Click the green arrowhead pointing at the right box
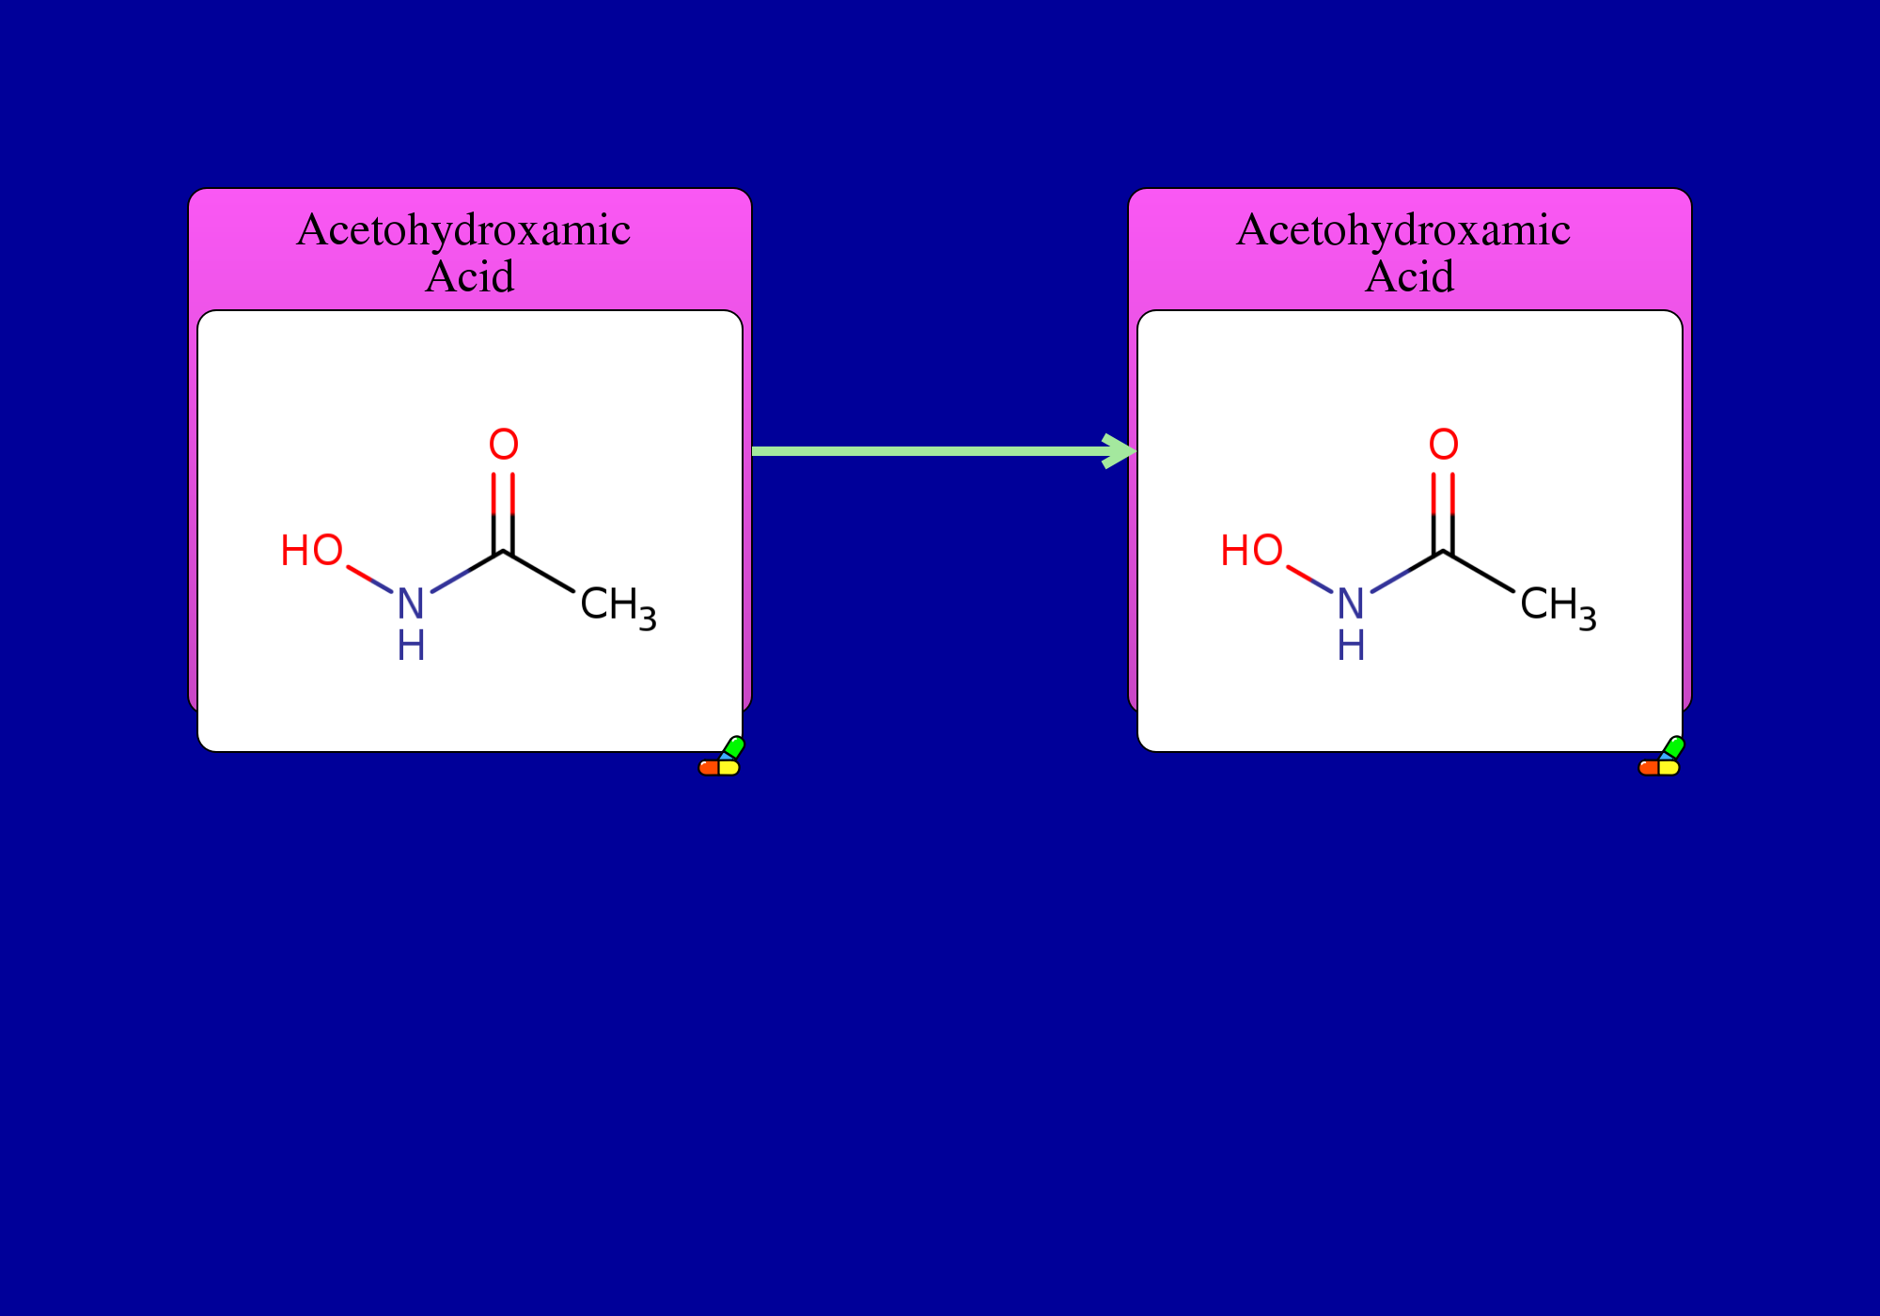[1120, 451]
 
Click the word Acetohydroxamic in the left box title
[463, 230]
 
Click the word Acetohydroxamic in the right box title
[1403, 230]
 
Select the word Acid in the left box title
[470, 276]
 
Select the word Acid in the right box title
[1410, 276]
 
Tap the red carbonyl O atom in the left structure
[504, 444]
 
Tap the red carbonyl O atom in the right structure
[1444, 444]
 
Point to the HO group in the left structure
[312, 550]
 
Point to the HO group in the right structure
[1252, 550]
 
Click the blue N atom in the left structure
[411, 603]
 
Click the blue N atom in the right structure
[1351, 603]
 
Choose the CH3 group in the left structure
[619, 606]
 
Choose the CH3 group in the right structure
[1559, 606]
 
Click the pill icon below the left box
[721, 758]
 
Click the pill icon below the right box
[1661, 758]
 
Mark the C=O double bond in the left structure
[504, 511]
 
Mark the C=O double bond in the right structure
[1444, 511]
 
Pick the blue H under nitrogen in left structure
[411, 645]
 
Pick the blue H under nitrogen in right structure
[1351, 645]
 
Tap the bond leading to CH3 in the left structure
[539, 571]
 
